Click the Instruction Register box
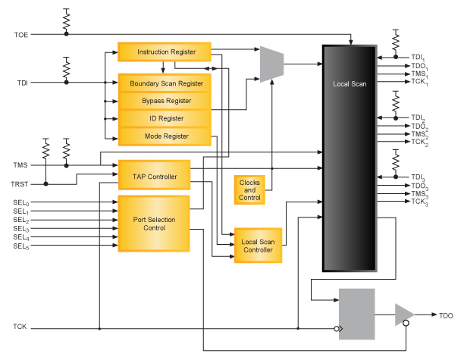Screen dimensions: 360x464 (165, 52)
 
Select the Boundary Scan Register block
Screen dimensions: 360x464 (165, 83)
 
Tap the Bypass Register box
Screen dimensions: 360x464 (165, 101)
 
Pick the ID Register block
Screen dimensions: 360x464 (165, 118)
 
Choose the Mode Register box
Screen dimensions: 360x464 (165, 136)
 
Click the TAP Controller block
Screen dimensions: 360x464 (155, 177)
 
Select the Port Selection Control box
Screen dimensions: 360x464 (155, 224)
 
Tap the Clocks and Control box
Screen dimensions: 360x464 (249, 189)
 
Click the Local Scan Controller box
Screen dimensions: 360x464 (258, 246)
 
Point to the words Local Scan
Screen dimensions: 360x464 (350, 84)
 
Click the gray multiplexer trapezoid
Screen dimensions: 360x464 (271, 64)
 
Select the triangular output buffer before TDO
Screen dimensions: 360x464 (403, 315)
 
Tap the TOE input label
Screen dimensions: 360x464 (20, 35)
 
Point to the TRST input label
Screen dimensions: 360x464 (20, 184)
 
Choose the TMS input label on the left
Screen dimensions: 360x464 (20, 164)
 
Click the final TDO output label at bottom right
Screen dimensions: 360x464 (447, 315)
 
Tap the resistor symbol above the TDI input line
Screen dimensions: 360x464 (66, 67)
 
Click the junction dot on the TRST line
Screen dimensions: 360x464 (47, 183)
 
